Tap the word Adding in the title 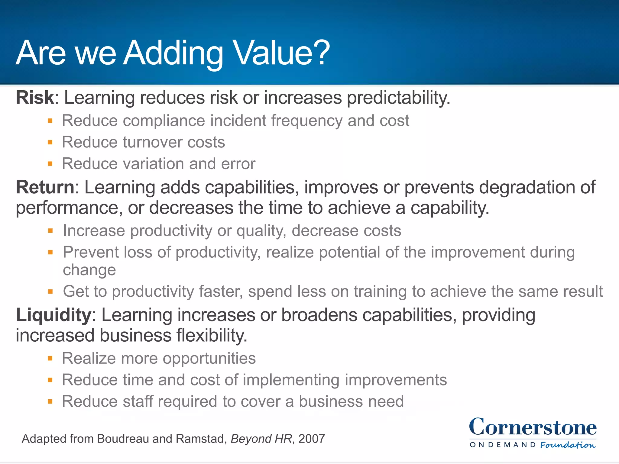point(174,53)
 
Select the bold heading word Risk point(35,98)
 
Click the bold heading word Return point(45,187)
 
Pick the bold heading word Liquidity point(53,315)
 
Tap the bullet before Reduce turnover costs point(50,142)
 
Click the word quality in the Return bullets point(261,231)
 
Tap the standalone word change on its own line point(89,270)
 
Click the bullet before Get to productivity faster point(50,292)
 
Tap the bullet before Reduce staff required point(50,401)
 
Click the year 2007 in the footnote point(312,439)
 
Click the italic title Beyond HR point(261,439)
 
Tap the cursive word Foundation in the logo point(568,445)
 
